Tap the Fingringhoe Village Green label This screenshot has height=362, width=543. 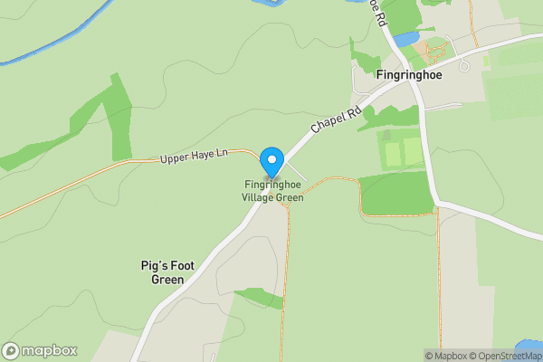(x=272, y=191)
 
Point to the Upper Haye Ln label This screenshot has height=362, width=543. (x=193, y=157)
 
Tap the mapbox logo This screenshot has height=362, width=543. (x=41, y=350)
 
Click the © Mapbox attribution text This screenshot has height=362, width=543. (x=445, y=356)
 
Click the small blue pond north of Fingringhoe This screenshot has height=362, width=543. (x=405, y=39)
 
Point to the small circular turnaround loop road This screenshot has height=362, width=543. (x=463, y=65)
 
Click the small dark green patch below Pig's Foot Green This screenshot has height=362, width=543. (x=262, y=298)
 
